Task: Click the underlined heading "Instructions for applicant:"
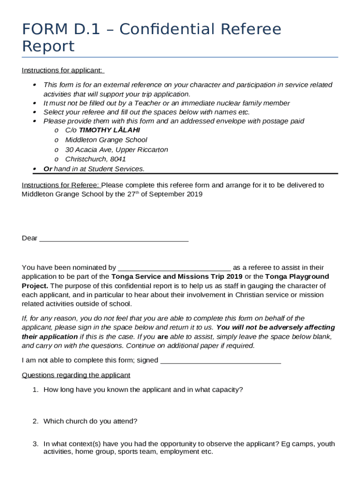point(63,70)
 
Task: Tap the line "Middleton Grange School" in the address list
point(106,140)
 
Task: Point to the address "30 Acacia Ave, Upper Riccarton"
point(116,150)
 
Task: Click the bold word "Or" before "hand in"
point(47,169)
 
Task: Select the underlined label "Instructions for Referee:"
point(61,185)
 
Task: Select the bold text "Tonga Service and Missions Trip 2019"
point(173,276)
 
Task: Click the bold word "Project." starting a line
point(35,285)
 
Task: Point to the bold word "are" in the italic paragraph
point(163,337)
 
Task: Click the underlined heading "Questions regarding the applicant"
point(76,375)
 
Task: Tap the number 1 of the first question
point(35,390)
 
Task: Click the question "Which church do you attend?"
point(90,421)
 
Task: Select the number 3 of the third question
point(35,444)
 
